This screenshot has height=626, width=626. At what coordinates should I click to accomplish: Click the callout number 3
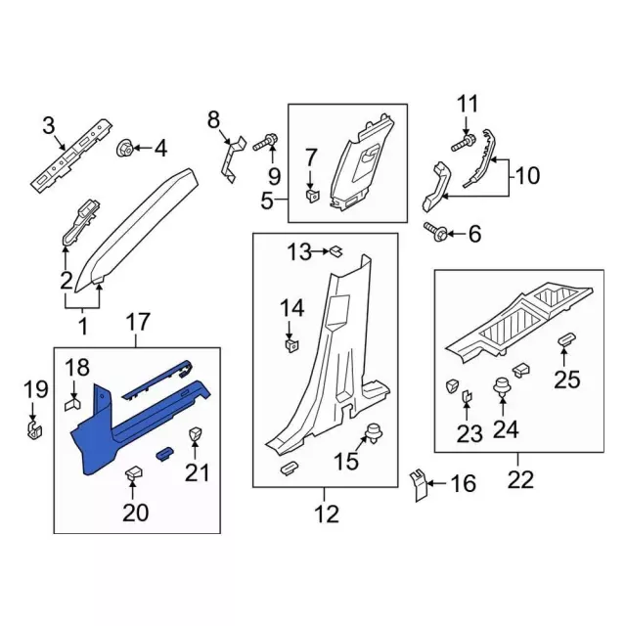[x=48, y=126]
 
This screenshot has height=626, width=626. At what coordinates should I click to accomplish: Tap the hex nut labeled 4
[x=124, y=148]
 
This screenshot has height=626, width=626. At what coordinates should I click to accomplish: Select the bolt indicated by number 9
[x=265, y=143]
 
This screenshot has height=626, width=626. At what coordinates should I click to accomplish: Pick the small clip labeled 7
[x=313, y=196]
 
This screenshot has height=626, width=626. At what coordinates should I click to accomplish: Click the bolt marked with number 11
[x=464, y=144]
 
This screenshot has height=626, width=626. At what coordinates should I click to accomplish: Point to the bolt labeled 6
[x=436, y=231]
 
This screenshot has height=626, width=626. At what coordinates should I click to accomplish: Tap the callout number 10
[x=527, y=175]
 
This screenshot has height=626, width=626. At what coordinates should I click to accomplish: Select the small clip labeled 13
[x=336, y=251]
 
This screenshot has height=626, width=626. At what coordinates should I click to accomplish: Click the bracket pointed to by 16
[x=418, y=485]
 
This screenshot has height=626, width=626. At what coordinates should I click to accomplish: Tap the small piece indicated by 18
[x=72, y=404]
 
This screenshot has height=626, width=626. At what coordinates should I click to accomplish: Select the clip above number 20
[x=134, y=473]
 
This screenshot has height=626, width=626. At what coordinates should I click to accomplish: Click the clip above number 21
[x=195, y=434]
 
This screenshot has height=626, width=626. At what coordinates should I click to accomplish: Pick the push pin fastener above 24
[x=502, y=387]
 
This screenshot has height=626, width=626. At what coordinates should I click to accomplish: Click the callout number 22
[x=520, y=479]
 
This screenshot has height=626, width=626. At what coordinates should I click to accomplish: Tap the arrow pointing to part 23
[x=467, y=412]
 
